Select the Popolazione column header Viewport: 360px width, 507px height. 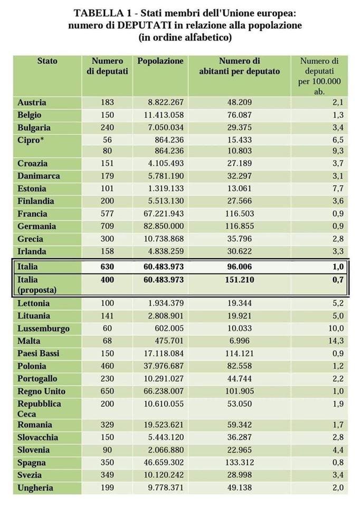click(160, 61)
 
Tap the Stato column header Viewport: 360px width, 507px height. click(47, 61)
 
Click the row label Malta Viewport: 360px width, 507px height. click(29, 341)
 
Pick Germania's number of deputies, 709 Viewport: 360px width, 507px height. click(107, 226)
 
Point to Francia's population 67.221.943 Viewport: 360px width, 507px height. click(164, 214)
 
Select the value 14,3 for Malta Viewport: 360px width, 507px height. click(336, 341)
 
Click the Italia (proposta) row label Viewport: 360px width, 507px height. click(37, 285)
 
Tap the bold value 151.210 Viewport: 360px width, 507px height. click(240, 280)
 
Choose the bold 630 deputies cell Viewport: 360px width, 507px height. click(107, 267)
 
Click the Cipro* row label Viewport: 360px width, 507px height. click(31, 140)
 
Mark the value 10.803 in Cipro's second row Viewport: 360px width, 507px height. click(240, 151)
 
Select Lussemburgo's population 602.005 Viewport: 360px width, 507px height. click(169, 328)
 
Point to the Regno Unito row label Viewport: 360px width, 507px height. click(41, 391)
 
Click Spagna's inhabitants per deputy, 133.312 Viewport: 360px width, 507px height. click(240, 463)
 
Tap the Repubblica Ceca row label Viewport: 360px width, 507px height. click(39, 409)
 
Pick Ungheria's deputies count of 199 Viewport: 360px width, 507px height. click(107, 487)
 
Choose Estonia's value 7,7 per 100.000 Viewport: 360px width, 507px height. click(338, 189)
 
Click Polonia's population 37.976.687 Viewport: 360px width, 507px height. click(164, 366)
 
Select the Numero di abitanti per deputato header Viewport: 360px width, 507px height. click(240, 66)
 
